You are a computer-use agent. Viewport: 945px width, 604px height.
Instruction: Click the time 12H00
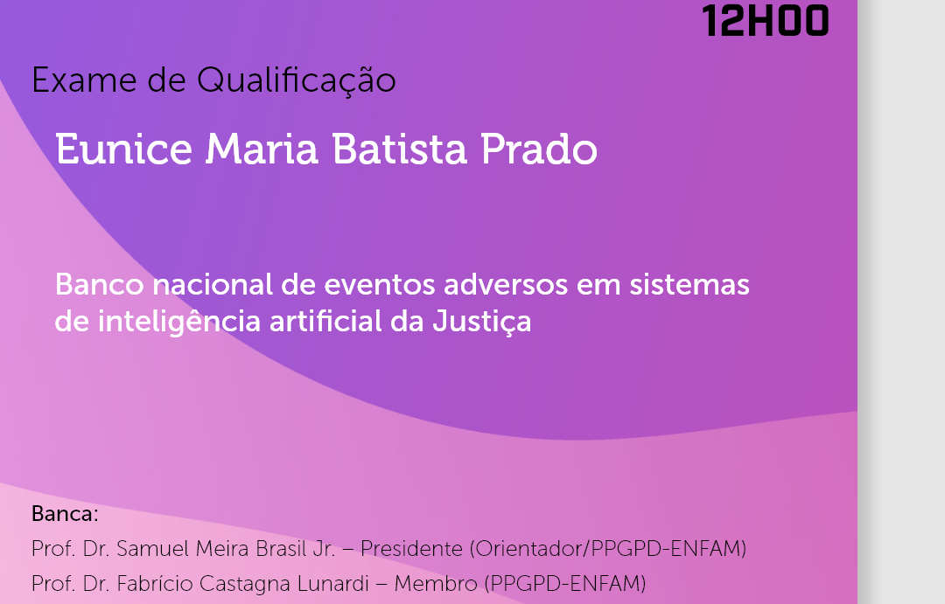point(766,21)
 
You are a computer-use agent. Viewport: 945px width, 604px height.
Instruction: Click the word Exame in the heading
point(84,80)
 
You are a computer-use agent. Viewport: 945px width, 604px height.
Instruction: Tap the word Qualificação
point(297,81)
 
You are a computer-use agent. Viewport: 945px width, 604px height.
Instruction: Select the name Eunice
point(123,149)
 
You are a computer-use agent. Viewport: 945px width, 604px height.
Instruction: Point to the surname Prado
point(539,149)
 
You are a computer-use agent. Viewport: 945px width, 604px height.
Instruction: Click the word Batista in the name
point(399,149)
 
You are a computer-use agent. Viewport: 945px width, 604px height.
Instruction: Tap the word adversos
point(506,284)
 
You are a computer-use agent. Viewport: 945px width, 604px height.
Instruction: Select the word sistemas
point(689,284)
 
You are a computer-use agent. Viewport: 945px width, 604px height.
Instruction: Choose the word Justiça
point(481,322)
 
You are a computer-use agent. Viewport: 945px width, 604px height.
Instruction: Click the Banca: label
point(65,514)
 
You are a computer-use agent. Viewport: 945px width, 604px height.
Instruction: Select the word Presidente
point(411,549)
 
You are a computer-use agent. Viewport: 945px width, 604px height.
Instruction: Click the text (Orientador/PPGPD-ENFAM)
point(607,549)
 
